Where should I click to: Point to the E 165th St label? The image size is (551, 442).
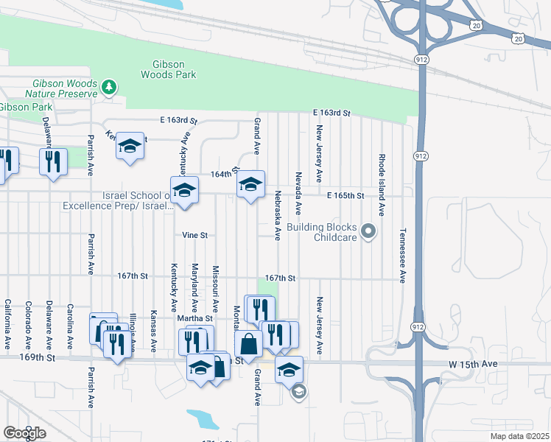point(346,196)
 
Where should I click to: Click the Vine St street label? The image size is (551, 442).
point(195,236)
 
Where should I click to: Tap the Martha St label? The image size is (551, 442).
point(194,318)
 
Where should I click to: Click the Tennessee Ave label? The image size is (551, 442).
point(403,256)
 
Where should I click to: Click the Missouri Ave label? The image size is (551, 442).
point(216,288)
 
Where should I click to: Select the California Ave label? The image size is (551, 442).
point(7,324)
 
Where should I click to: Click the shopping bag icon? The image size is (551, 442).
point(248,343)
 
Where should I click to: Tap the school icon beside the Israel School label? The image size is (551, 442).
point(184,191)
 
